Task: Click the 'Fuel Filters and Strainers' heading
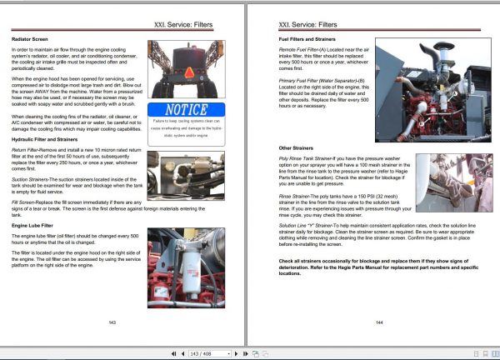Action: pos(310,40)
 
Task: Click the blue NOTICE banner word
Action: pos(186,109)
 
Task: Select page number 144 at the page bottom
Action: pos(378,321)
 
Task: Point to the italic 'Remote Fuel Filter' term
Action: pos(299,50)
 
